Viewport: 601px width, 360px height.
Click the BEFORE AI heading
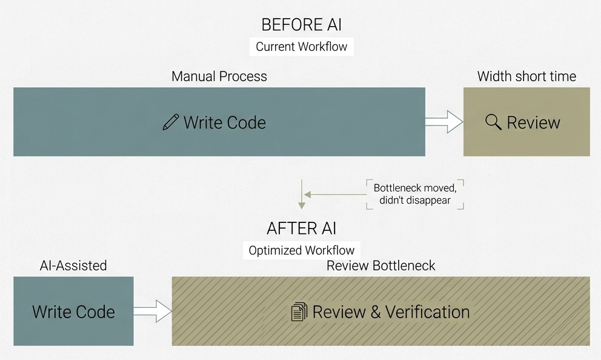coord(301,25)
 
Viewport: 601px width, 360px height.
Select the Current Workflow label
coord(301,47)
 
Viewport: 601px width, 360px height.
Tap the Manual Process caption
coord(219,76)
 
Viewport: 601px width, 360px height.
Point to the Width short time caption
coord(526,76)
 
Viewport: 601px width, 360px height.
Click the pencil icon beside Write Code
coord(171,122)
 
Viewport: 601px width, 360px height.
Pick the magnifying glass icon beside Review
coord(493,122)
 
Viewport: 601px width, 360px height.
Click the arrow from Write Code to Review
coord(444,122)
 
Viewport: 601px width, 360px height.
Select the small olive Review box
coord(526,122)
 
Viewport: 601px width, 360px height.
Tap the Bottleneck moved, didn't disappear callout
coord(415,195)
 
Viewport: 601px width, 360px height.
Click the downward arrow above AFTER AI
coord(302,194)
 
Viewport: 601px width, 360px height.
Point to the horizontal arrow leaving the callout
coord(336,195)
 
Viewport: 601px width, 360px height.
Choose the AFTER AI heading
coord(301,228)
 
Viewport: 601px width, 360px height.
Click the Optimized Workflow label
coord(301,250)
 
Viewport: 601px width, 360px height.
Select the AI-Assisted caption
coord(73,265)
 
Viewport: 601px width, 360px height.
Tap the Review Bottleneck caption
coord(380,265)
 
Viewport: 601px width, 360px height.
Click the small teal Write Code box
coord(73,312)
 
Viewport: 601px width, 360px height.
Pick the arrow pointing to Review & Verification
coord(153,311)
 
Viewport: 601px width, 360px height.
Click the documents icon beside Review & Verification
coord(299,312)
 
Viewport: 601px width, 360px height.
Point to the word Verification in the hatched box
coord(427,312)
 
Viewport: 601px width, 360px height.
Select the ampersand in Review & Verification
coord(375,312)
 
